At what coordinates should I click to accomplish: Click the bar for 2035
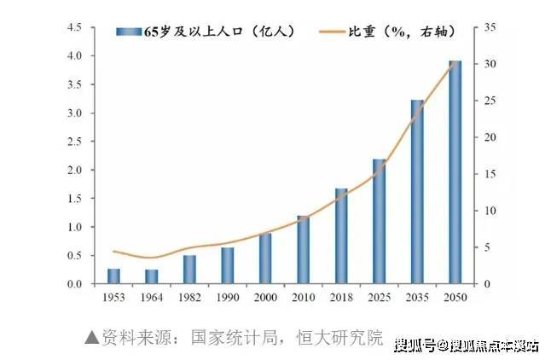[x=417, y=192]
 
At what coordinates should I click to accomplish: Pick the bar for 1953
[x=113, y=276]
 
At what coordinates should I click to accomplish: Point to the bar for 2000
[x=265, y=258]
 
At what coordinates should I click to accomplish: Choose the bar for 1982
[x=189, y=270]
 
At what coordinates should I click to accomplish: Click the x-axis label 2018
[x=341, y=296]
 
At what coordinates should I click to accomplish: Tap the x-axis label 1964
[x=151, y=296]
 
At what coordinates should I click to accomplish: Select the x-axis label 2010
[x=303, y=296]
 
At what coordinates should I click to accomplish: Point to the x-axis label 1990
[x=227, y=296]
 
